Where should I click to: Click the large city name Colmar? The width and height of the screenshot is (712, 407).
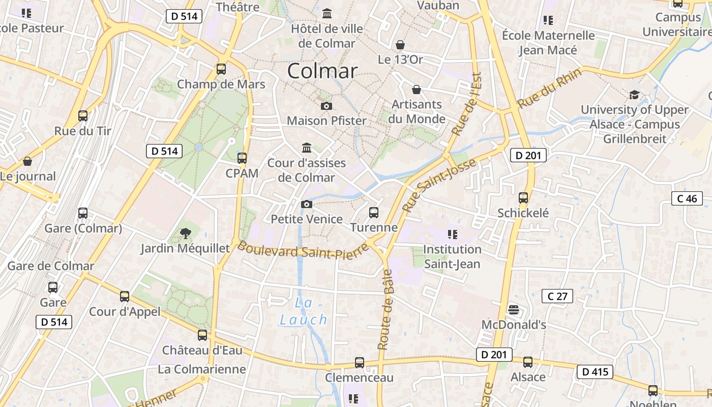pos(322,71)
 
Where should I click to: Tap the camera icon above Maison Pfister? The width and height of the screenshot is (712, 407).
pos(327,106)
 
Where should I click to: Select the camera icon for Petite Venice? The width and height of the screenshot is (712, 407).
pos(307,204)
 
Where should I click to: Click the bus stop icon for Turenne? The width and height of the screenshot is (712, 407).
pos(374,212)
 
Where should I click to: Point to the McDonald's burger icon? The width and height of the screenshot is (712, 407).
pos(514,309)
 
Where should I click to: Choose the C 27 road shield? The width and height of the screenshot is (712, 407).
pos(557,296)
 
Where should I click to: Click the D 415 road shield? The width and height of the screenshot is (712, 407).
pos(595,372)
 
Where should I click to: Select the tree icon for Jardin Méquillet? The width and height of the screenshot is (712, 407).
pos(186,234)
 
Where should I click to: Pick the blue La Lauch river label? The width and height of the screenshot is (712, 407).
pos(304,312)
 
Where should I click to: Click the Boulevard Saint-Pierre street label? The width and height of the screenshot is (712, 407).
pos(303,250)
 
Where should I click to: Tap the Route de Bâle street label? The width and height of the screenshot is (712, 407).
pos(385,310)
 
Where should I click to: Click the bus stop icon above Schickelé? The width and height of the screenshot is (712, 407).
pos(523,198)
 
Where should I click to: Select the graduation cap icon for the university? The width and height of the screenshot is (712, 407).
pos(634,95)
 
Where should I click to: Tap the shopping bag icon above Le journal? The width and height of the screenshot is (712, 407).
pos(27,161)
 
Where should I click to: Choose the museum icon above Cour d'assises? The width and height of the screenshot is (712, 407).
pos(307,148)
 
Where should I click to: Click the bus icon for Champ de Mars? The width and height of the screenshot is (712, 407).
pos(221,69)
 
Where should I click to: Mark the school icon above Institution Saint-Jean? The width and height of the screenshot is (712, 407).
pos(452,235)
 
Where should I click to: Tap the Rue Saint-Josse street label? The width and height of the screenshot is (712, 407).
pos(439,185)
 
